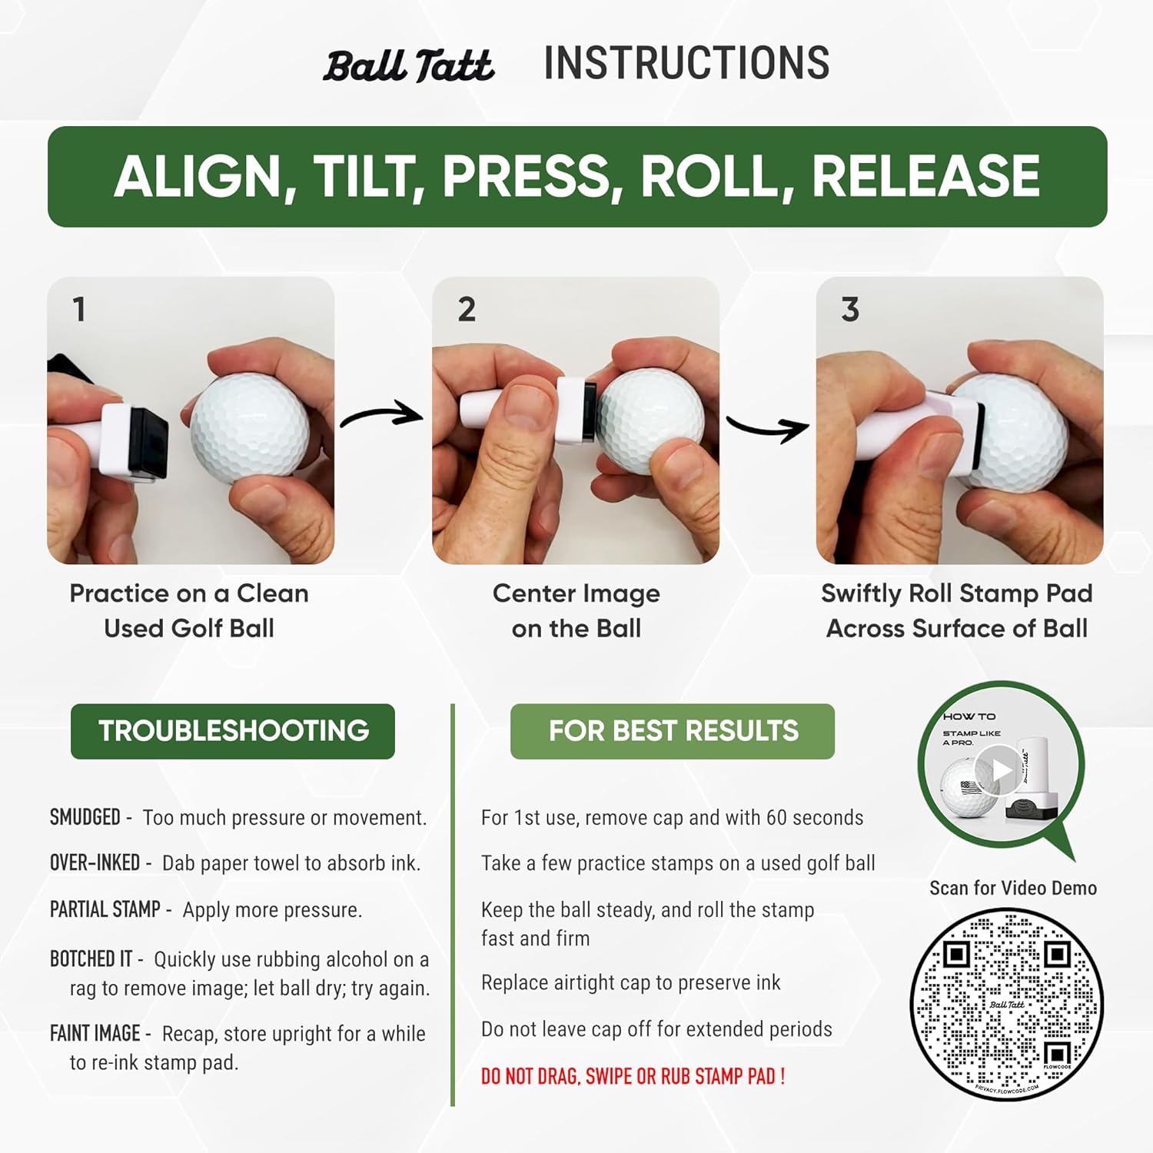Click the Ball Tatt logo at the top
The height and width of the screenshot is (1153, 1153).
click(x=408, y=66)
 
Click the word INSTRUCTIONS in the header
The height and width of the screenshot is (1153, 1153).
click(x=686, y=63)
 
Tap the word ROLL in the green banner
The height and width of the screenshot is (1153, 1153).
click(x=716, y=177)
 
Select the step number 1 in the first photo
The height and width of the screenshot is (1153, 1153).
click(x=78, y=310)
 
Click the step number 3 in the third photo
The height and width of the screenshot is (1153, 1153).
click(x=849, y=310)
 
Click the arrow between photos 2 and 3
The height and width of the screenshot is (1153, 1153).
click(x=767, y=427)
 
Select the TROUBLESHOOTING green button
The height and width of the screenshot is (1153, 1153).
click(x=233, y=731)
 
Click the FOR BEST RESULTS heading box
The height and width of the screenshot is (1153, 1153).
click(x=673, y=731)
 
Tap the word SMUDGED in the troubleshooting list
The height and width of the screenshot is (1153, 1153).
click(x=85, y=817)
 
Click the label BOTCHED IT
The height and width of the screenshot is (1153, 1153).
click(x=91, y=959)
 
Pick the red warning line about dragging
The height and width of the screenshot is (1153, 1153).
click(x=633, y=1076)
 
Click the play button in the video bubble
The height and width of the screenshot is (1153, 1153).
click(x=998, y=769)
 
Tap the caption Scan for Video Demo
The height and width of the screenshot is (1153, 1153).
click(x=1012, y=888)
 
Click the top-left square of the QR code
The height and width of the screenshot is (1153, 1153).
click(x=955, y=954)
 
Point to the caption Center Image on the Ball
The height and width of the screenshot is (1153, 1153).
click(x=576, y=610)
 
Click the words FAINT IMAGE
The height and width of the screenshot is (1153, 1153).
click(x=95, y=1033)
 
